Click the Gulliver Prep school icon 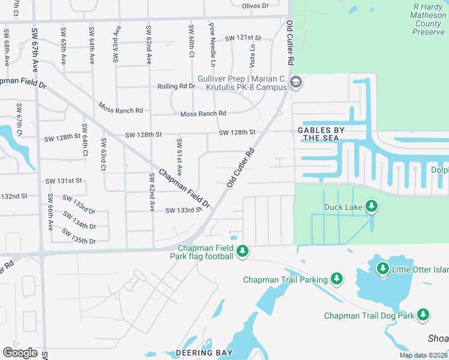pyautogui.click(x=295, y=83)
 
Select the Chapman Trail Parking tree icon pyautogui.click(x=337, y=279)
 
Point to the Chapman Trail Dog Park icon pyautogui.click(x=424, y=315)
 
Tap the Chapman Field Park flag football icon pyautogui.click(x=243, y=251)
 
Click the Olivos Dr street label pyautogui.click(x=255, y=5)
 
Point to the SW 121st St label pyautogui.click(x=240, y=38)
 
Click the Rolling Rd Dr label pyautogui.click(x=176, y=86)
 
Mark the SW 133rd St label pyautogui.click(x=182, y=210)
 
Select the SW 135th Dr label pyautogui.click(x=79, y=241)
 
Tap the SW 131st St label pyautogui.click(x=63, y=181)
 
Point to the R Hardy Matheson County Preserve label pyautogui.click(x=428, y=19)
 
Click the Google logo pyautogui.click(x=20, y=353)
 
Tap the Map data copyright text pyautogui.click(x=423, y=355)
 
